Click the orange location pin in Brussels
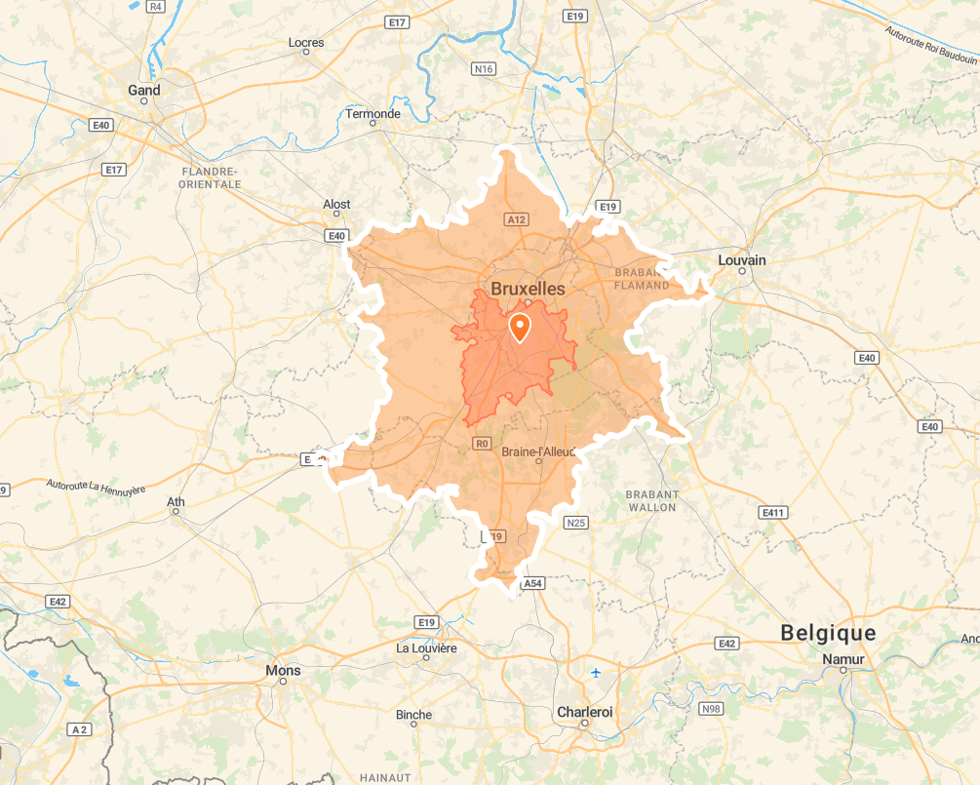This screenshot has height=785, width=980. pos(520,327)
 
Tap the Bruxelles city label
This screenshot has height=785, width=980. pos(528,289)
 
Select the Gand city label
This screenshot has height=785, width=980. pos(143,91)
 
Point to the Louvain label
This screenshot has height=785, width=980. pos(741,260)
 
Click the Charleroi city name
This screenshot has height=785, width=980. pos(584,712)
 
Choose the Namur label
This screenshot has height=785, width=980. pos(843,660)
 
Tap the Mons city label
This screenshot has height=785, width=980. pos(283,671)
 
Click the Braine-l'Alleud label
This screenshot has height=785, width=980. pos(538,451)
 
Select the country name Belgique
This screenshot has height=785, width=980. pos(828,633)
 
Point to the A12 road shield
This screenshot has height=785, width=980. pos(517,220)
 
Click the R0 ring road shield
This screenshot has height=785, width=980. pos(481,444)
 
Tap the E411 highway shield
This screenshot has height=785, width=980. pos(773,512)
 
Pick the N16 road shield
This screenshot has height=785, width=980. pos(483,68)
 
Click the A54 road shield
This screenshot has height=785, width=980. pos(532,583)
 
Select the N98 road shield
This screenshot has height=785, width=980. pos(711,709)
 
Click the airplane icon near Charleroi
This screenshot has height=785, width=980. pos(596,673)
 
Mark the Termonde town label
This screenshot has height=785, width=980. pos(372,114)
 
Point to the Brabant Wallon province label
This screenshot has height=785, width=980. pos(652,501)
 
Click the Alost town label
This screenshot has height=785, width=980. pos(336,204)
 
